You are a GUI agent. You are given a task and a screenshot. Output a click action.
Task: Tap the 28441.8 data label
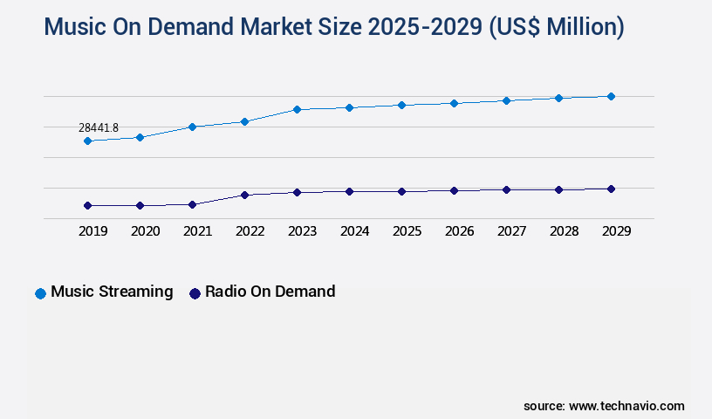99,128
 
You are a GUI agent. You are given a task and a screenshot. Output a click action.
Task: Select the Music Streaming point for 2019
87,141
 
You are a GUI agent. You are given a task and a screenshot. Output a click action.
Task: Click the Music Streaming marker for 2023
297,109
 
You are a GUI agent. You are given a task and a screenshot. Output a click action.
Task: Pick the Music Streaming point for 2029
611,96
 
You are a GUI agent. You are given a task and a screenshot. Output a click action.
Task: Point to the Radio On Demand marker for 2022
244,195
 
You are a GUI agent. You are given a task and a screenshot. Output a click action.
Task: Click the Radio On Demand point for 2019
87,205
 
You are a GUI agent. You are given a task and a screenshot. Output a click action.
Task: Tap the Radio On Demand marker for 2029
611,189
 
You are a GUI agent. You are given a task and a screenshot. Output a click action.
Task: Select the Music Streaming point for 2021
192,127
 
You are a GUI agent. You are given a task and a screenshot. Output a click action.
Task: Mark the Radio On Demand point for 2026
454,190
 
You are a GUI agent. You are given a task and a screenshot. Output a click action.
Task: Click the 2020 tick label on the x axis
146,231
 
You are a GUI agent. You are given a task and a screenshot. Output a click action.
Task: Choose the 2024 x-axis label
355,231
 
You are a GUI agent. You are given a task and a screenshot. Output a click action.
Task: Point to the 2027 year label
512,231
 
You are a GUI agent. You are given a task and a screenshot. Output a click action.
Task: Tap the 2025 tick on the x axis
407,231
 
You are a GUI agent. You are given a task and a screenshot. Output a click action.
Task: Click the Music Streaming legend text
112,292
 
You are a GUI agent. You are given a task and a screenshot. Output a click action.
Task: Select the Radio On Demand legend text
270,292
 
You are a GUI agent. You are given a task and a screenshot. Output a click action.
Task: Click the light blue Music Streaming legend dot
40,293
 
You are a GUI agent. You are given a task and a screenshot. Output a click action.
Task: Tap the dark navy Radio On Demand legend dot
195,293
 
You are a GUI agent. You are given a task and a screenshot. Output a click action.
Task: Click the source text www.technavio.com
626,406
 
